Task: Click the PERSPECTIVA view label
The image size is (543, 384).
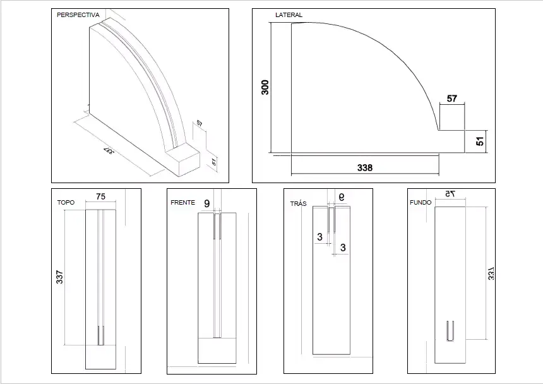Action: [x=78, y=15]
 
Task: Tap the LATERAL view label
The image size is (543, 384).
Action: [x=289, y=15]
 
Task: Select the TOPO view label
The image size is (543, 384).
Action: [x=66, y=203]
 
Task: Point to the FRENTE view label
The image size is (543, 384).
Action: [x=182, y=203]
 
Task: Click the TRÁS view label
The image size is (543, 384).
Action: [x=298, y=204]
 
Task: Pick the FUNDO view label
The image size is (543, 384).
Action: [x=420, y=203]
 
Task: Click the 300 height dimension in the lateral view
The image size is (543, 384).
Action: [x=265, y=87]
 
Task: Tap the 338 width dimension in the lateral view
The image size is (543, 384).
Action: [x=365, y=168]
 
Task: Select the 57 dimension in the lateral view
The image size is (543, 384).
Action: [x=451, y=99]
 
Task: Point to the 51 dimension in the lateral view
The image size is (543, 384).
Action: [x=480, y=141]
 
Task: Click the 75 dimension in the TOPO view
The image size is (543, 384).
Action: [x=100, y=196]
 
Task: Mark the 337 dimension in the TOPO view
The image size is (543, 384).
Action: [x=59, y=278]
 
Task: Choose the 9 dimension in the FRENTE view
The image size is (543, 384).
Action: [x=206, y=203]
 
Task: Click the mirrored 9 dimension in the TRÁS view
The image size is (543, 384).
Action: [x=342, y=197]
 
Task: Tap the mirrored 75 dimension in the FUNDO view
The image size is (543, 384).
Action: [x=449, y=194]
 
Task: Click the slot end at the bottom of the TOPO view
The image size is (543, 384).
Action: [x=100, y=335]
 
